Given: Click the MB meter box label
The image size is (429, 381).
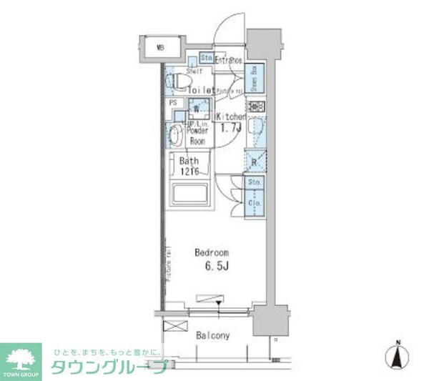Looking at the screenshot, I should pos(161,48).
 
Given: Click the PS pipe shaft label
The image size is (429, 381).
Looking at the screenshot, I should pos(172,103).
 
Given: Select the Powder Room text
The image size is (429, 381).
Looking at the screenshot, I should pos(197,136).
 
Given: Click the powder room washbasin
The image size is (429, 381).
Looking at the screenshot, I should pos(174,134).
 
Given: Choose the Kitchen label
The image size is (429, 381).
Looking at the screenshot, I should pos(231,117).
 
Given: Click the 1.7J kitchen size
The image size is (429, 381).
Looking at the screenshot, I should pos(230,129).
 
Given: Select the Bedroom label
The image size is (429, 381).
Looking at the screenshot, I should pos(212,253).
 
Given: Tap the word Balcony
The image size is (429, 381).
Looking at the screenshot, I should pos(212,335).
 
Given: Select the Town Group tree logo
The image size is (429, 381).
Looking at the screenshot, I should pos(22,358).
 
